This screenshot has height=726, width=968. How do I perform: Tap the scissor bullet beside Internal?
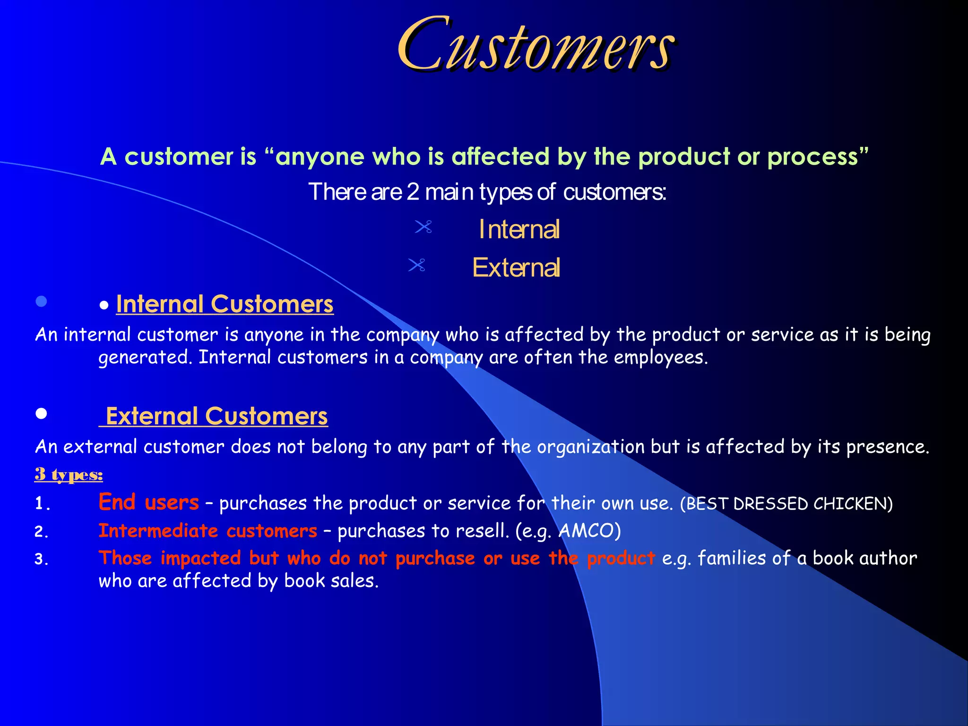[423, 227]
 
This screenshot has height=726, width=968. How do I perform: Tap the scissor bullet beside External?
[416, 265]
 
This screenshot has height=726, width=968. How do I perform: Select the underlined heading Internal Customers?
[225, 304]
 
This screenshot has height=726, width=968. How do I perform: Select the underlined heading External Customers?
[216, 416]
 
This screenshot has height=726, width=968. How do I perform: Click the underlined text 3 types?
[69, 474]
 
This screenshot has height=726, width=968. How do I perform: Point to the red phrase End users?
[148, 502]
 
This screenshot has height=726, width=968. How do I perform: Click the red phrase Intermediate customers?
[207, 531]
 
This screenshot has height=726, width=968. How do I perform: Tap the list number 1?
[42, 504]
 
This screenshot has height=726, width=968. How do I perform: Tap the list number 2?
[42, 532]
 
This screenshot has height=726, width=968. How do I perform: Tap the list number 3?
[42, 560]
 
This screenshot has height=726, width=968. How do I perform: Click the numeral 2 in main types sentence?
[413, 192]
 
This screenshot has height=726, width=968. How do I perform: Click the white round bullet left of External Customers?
[42, 414]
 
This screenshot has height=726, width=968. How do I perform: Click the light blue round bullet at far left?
[42, 301]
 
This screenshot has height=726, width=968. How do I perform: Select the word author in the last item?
[888, 559]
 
